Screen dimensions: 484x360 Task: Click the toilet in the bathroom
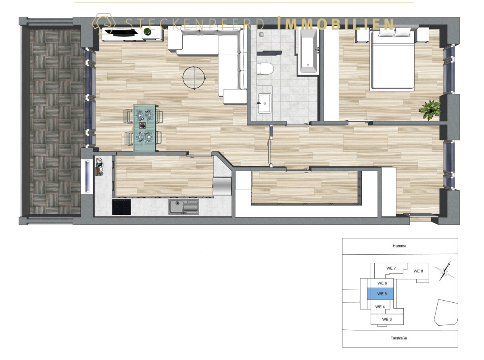pos(265,69)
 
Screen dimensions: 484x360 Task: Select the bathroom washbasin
pos(265,103)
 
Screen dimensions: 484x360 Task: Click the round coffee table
pos(194,77)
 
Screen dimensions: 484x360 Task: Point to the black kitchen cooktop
pos(121,207)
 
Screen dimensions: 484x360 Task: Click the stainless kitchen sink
pos(184,207)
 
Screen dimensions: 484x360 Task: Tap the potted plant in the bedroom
pos(430,110)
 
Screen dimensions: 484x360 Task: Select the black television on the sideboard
pos(121,32)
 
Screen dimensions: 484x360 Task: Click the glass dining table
pos(144,128)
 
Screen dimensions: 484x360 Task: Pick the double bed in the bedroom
pos(392,60)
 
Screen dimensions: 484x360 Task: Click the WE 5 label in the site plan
pos(382,294)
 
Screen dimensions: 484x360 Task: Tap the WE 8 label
pos(418,271)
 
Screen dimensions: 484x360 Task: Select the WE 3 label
pos(387,319)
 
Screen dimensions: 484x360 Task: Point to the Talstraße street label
pos(398,338)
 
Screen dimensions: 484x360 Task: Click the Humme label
pos(399,246)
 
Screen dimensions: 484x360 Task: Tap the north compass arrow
pos(445,271)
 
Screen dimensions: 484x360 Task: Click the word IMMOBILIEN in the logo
pos(335,24)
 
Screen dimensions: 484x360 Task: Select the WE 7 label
pos(391,268)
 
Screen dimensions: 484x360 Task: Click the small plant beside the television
pos(148,31)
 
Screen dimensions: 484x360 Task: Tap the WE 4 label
pos(380,307)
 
